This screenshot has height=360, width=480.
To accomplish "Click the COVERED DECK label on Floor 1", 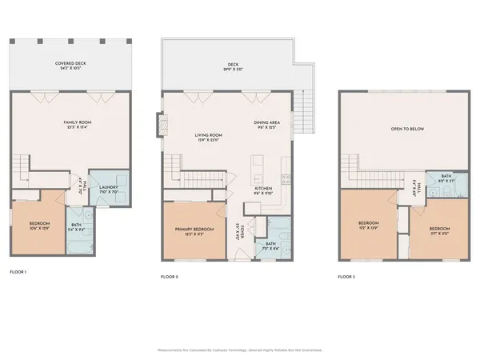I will click(x=71, y=65).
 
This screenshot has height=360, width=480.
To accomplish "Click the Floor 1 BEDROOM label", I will click(x=39, y=225).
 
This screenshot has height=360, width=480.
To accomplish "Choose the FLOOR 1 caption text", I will click(x=18, y=273).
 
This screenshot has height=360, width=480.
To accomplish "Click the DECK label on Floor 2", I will click(x=233, y=65).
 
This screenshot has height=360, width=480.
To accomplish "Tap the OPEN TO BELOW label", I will click(x=407, y=128).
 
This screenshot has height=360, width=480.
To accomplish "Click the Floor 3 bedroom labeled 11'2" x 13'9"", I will click(x=369, y=225).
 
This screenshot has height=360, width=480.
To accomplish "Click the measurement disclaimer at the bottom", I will click(x=240, y=350).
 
